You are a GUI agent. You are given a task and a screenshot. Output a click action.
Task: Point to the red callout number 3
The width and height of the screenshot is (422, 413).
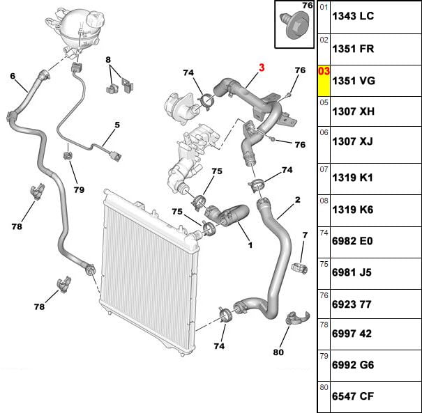coord(262,68)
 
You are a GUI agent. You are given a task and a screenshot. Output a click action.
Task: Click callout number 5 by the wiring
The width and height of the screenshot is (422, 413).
coord(117,125)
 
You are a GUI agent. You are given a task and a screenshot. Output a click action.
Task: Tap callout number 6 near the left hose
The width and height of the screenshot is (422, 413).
coord(13,76)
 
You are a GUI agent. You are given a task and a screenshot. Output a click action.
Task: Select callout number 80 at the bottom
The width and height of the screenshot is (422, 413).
coord(278,352)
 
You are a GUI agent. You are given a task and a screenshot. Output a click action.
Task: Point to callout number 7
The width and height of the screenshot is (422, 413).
coord(304,237)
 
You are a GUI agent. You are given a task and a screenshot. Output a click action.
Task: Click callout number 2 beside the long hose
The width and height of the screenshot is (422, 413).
coord(297,201)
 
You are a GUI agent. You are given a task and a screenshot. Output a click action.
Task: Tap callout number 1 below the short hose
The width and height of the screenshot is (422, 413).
coord(250,244)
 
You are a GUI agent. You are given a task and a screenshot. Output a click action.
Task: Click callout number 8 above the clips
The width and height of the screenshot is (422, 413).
coord(108,60)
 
